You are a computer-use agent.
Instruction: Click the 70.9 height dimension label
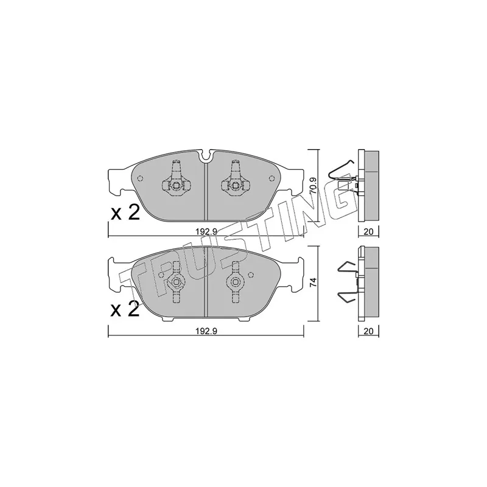[x=314, y=186]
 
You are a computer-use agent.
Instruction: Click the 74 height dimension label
[x=314, y=282]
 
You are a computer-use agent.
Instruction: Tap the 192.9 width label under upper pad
[x=206, y=231]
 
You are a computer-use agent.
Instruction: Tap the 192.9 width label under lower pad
[x=206, y=331]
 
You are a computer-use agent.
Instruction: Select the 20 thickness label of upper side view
[x=368, y=231]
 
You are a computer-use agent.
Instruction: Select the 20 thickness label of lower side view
[x=368, y=331]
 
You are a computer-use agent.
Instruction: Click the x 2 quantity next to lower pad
[x=125, y=309]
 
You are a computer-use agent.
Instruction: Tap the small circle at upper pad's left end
[x=140, y=178]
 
